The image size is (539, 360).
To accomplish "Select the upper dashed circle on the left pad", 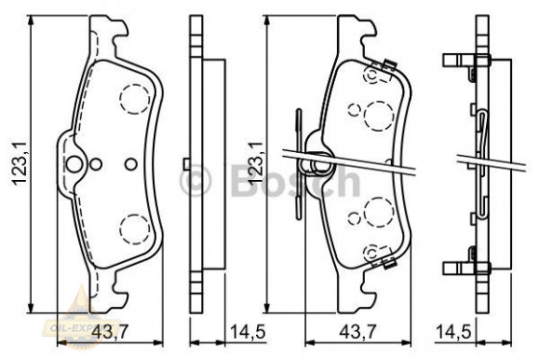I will [x=133, y=97].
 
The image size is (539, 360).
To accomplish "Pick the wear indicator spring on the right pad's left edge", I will [x=300, y=159].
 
